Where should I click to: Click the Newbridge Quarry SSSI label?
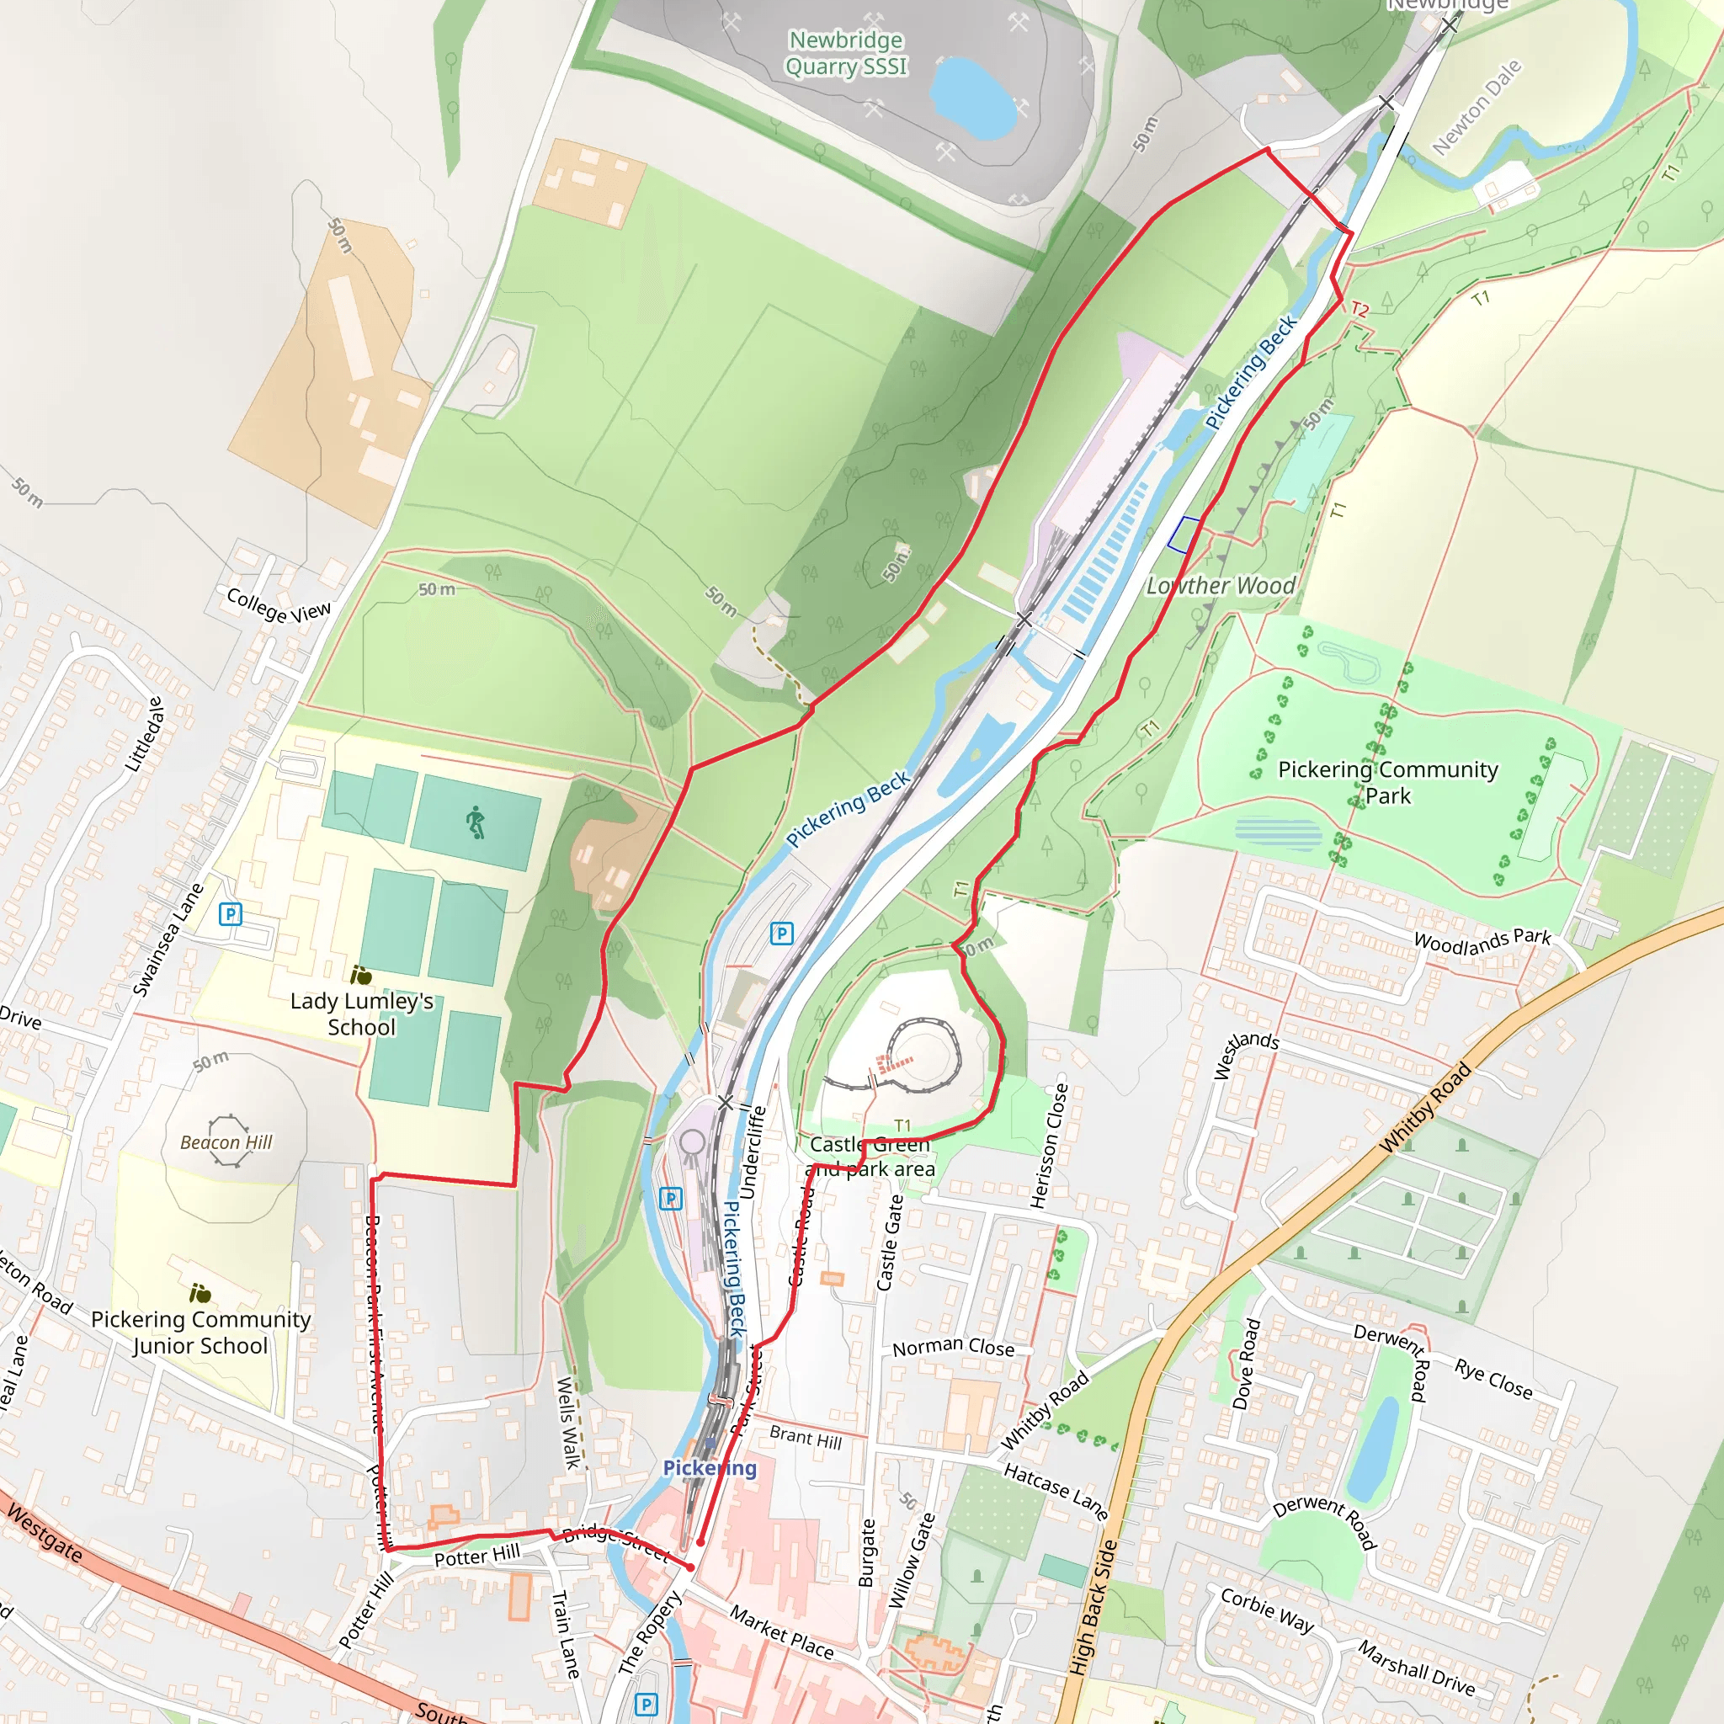coord(846,54)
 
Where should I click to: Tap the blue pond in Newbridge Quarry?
coord(971,98)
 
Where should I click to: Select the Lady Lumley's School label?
coord(361,1014)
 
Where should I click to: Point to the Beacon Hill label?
coord(226,1142)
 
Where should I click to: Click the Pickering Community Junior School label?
coord(201,1333)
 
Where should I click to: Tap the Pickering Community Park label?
coord(1387,782)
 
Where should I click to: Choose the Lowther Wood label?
coord(1221,586)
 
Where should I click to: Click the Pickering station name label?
coord(710,1468)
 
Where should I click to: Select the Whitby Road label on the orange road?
coord(1425,1109)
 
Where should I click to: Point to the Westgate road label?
coord(45,1532)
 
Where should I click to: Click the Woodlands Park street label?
coord(1482,940)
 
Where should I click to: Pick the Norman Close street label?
coord(953,1347)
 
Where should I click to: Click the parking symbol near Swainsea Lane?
coord(230,913)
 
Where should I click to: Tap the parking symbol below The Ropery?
coord(646,1705)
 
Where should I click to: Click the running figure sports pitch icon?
coord(476,821)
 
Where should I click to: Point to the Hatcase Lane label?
coord(1056,1491)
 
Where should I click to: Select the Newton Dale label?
coord(1476,107)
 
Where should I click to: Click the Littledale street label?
coord(145,734)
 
